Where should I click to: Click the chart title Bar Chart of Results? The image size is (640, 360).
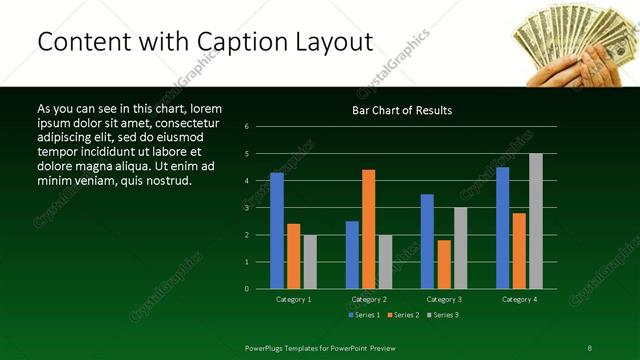coord(402,110)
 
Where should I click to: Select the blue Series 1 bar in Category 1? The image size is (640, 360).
coord(277,231)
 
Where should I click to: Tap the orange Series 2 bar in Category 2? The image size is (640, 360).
coord(369,229)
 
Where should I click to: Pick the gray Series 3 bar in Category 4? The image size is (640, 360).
coord(535,221)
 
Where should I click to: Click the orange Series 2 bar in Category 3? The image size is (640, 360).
coord(444,264)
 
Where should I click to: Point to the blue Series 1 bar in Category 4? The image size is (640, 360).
coord(502,228)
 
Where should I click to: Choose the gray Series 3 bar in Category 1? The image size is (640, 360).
coord(310,262)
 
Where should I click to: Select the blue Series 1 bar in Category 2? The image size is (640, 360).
coord(352,255)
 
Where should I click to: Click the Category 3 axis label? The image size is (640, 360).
coord(444,299)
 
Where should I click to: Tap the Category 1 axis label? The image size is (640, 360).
coord(293,299)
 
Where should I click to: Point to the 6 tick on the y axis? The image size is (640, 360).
coord(260,127)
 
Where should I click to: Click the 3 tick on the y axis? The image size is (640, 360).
coord(260,208)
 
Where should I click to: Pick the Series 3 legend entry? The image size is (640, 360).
coord(442,315)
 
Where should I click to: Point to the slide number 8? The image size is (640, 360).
coord(590,347)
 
